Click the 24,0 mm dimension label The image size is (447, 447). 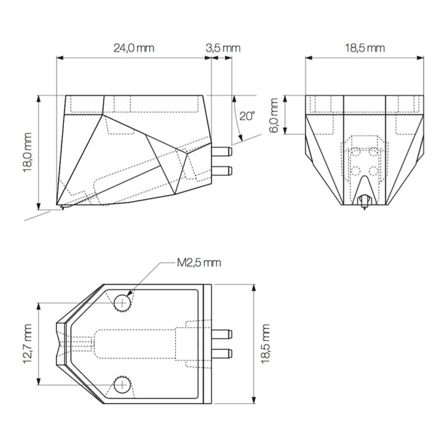(x=133, y=48)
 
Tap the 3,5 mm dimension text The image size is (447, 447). (x=223, y=48)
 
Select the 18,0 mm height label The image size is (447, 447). (x=28, y=152)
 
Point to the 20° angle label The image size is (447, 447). (x=247, y=115)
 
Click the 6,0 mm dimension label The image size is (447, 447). (x=274, y=115)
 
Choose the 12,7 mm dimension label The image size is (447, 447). (x=28, y=343)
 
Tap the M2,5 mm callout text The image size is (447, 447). (x=199, y=263)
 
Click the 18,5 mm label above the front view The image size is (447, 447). (x=365, y=48)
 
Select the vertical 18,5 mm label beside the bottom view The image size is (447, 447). (x=265, y=343)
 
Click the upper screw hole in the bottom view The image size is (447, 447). (x=122, y=303)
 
